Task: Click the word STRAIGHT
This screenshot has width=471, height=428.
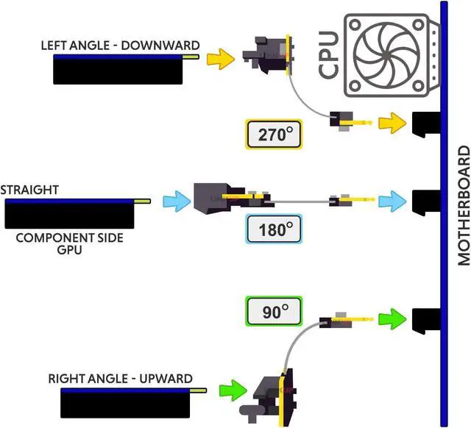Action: point(29,190)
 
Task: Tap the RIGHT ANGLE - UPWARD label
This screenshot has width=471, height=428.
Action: point(121,379)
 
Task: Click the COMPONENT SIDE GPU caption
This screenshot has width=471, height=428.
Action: point(69,243)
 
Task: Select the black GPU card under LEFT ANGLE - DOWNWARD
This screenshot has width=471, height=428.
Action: point(118,71)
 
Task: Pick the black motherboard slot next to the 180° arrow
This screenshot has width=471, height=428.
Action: point(425,202)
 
